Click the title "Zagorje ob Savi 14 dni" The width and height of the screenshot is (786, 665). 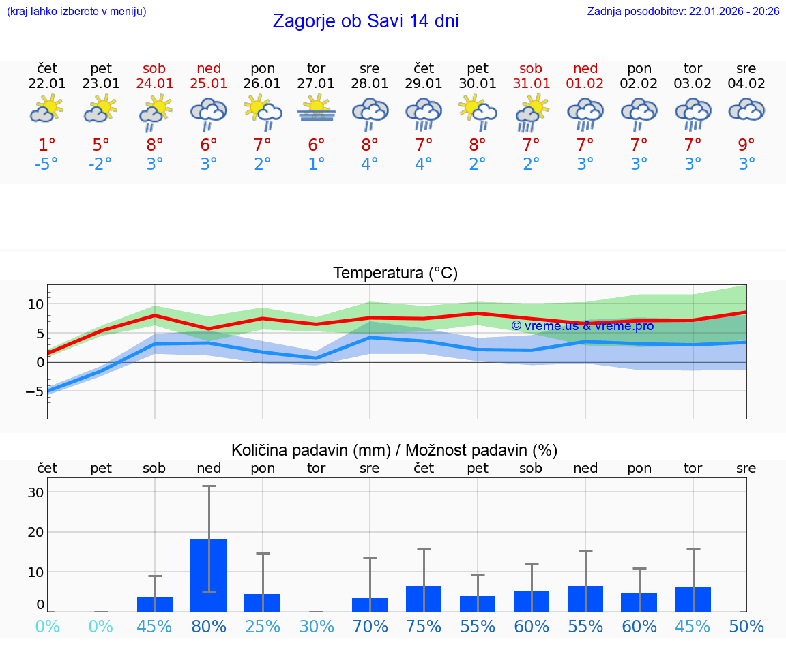pyautogui.click(x=366, y=21)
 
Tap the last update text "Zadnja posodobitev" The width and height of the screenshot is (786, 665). pyautogui.click(x=683, y=12)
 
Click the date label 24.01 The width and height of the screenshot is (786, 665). pyautogui.click(x=155, y=84)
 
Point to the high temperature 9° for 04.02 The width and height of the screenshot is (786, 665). pyautogui.click(x=746, y=145)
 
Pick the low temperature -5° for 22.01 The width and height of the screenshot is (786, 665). pyautogui.click(x=47, y=164)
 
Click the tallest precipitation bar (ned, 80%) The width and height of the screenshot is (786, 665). pyautogui.click(x=209, y=574)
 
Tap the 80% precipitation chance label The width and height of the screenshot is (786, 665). pyautogui.click(x=209, y=626)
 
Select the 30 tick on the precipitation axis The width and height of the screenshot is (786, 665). pyautogui.click(x=35, y=492)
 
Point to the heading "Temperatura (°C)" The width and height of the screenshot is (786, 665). pyautogui.click(x=395, y=274)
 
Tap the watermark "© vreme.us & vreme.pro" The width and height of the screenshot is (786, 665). pyautogui.click(x=583, y=326)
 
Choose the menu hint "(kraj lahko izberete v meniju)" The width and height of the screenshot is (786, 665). pyautogui.click(x=76, y=12)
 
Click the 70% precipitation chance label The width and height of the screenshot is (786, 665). pyautogui.click(x=370, y=626)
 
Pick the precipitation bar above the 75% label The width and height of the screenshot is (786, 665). pyautogui.click(x=424, y=598)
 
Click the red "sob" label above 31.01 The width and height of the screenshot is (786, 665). pyautogui.click(x=531, y=69)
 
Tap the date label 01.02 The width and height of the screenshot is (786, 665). pyautogui.click(x=585, y=84)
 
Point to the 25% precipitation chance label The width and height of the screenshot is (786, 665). pyautogui.click(x=263, y=626)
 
